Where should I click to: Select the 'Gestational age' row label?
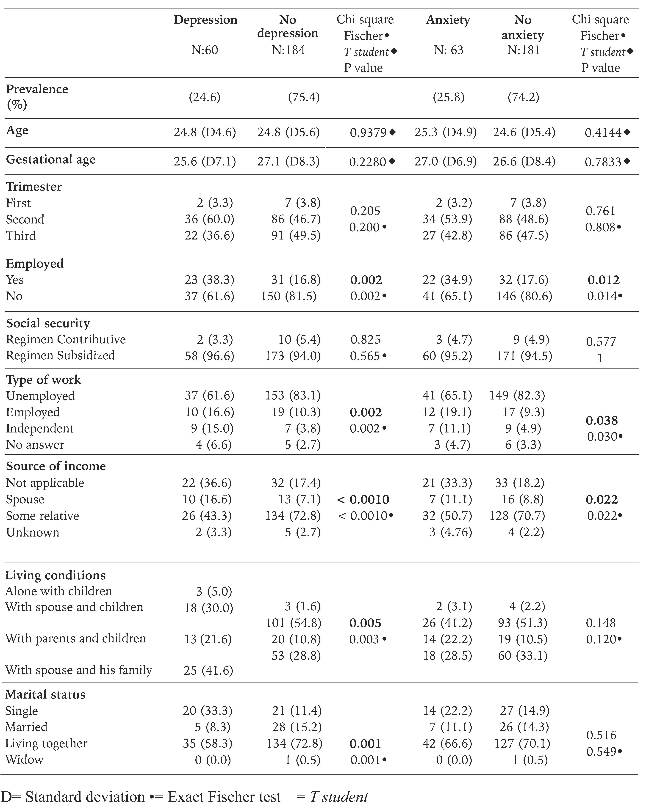coord(51,160)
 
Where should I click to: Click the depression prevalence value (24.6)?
coord(205,98)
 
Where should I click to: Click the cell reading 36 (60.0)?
coord(209,219)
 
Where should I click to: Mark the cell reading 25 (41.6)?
coord(208,670)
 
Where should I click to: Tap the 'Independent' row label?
coord(40,429)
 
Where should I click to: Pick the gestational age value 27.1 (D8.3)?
coord(288,162)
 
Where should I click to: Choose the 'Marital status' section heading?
coord(45,694)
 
